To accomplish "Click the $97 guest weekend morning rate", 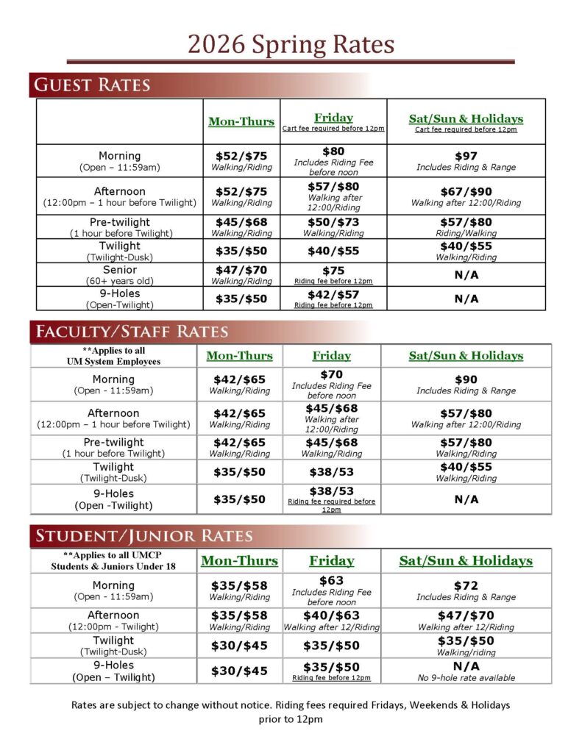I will coord(466,156).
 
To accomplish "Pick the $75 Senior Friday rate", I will coord(333,271).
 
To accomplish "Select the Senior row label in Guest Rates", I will coord(120,270).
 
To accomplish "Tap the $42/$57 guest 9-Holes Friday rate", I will coord(333,294).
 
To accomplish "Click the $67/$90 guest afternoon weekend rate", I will coord(466,191).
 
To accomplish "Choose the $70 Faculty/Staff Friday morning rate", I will coord(332,374).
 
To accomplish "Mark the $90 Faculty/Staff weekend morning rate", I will coord(466,379).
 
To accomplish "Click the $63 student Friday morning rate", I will coord(332,580).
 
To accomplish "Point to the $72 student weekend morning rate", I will coord(466,585).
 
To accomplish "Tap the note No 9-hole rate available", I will coord(466,678).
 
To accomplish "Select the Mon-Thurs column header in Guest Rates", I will coord(241,121).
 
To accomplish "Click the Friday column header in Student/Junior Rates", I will coord(332,560).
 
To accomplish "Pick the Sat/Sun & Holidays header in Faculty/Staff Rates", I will coord(466,355).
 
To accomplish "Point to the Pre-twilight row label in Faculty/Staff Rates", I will coord(113,442).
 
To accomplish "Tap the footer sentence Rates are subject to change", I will coord(291,704).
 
